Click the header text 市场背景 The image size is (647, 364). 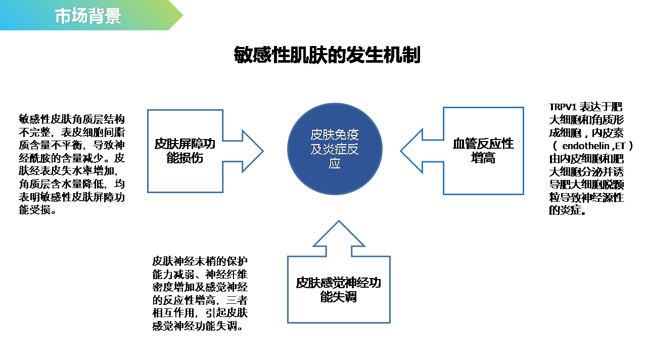tap(88, 16)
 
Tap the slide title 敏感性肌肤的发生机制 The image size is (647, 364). tap(327, 55)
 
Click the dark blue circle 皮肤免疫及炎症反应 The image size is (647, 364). tap(335, 149)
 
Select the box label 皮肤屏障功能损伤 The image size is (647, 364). tap(185, 151)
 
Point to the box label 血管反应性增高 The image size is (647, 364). tap(483, 151)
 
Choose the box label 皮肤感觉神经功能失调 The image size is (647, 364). tap(339, 290)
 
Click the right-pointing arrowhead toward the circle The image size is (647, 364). tap(252, 151)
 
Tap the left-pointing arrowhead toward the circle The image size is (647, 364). tap(411, 151)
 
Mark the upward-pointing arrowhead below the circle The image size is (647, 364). tap(339, 234)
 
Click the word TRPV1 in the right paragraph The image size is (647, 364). tap(563, 107)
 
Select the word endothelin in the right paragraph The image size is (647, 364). tap(586, 146)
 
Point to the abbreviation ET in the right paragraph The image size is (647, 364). tap(620, 146)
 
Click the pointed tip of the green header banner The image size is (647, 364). tap(183, 15)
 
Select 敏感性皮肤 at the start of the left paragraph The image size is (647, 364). tap(45, 119)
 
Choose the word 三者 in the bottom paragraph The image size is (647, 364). tap(237, 300)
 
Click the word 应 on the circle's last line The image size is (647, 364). tap(335, 163)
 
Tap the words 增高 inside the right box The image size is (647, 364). tap(483, 158)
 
